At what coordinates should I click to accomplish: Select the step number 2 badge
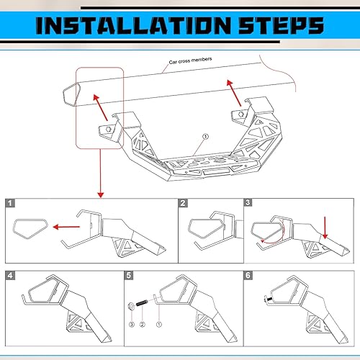click(183, 204)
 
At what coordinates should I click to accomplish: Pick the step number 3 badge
click(248, 204)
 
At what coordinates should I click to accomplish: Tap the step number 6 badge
click(248, 275)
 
